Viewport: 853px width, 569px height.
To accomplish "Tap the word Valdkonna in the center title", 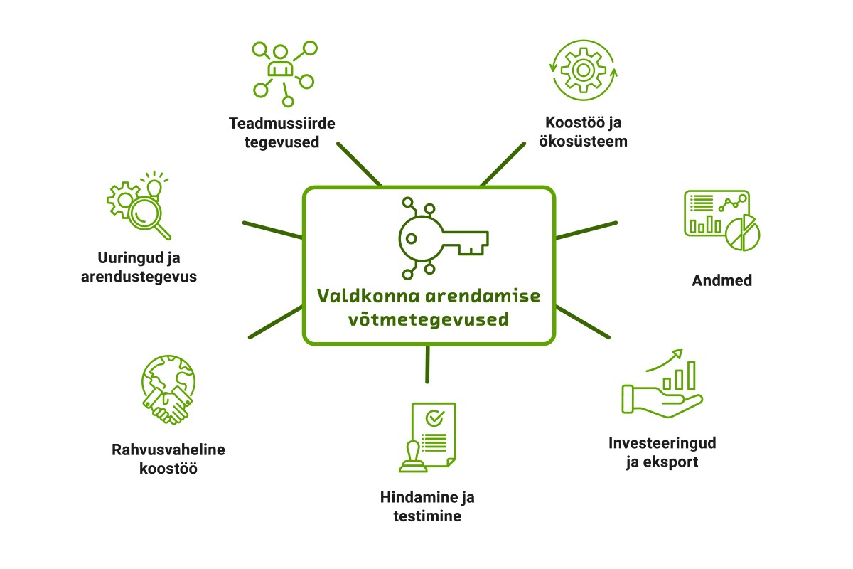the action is pyautogui.click(x=368, y=296).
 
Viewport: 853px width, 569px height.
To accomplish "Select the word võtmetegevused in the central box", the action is pyautogui.click(x=429, y=319).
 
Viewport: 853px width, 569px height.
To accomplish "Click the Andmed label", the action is pyautogui.click(x=721, y=280).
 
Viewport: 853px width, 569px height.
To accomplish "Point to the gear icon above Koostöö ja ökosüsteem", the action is pyautogui.click(x=584, y=70).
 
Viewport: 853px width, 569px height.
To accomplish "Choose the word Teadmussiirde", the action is pyautogui.click(x=281, y=124).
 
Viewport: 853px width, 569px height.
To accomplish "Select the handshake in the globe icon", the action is pyautogui.click(x=167, y=405).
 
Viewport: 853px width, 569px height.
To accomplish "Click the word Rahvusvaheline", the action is pyautogui.click(x=168, y=450).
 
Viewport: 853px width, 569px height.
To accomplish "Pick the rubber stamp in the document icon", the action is pyautogui.click(x=413, y=457).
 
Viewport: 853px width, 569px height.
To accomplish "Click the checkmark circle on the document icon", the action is pyautogui.click(x=434, y=418).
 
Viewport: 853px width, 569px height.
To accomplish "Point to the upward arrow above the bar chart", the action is pyautogui.click(x=665, y=359).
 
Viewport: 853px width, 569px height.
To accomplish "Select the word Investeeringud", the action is pyautogui.click(x=662, y=443).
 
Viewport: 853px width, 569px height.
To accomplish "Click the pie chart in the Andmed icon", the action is pyautogui.click(x=743, y=233).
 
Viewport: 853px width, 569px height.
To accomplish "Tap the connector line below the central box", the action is pyautogui.click(x=427, y=364).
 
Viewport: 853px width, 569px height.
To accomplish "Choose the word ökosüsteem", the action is pyautogui.click(x=584, y=142).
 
